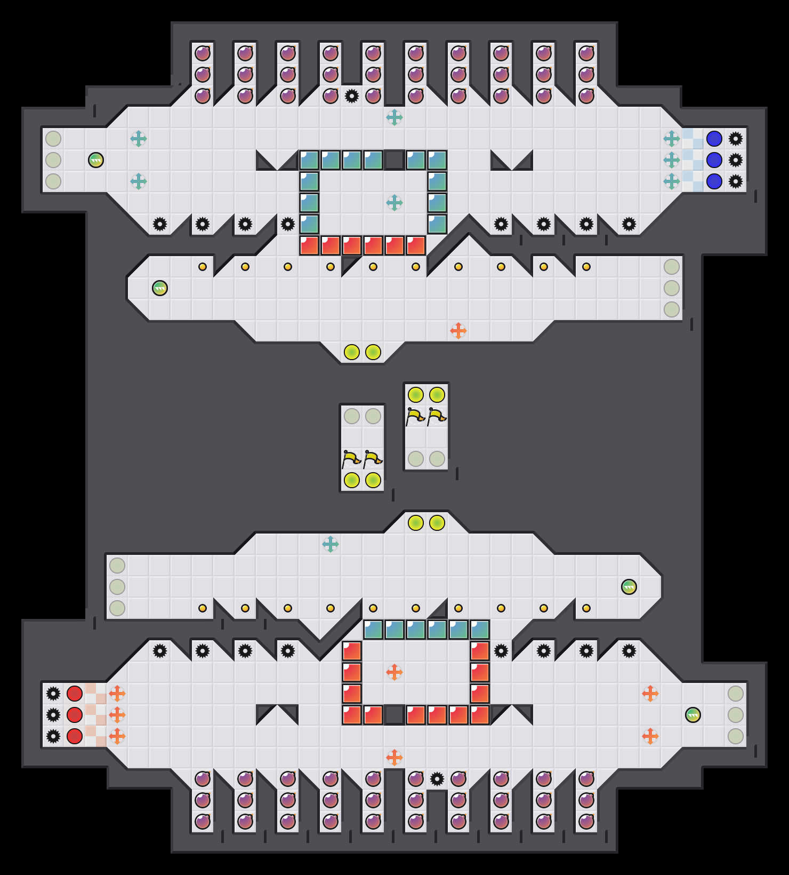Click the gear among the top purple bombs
[x=352, y=96]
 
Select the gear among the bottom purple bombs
[x=437, y=779]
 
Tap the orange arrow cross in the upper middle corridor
[x=458, y=331]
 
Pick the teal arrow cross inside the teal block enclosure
[x=395, y=203]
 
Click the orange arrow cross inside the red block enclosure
[x=395, y=672]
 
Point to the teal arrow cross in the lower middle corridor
[x=331, y=544]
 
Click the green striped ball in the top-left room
[x=96, y=160]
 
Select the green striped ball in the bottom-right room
[x=693, y=715]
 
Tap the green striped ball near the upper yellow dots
[x=160, y=288]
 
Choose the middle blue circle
[x=714, y=160]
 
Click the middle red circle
[x=75, y=715]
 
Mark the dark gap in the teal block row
[x=395, y=160]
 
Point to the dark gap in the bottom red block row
[x=395, y=715]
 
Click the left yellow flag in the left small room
[x=351, y=459]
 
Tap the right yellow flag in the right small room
[x=437, y=416]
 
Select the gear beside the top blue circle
[x=736, y=139]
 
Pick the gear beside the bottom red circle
[x=53, y=736]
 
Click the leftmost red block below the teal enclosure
[x=309, y=245]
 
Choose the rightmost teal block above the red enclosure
[x=480, y=630]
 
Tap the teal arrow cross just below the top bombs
[x=395, y=117]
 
